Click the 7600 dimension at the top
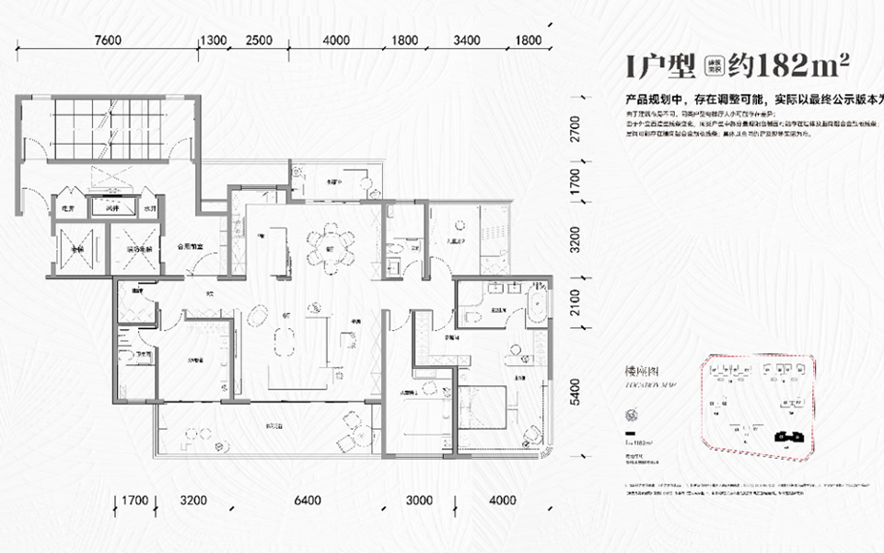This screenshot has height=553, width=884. [x=108, y=40]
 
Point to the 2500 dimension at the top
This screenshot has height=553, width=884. [x=259, y=40]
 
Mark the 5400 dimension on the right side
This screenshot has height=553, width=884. [x=576, y=393]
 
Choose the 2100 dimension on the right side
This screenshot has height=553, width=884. [x=576, y=304]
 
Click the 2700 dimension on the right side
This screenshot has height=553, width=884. [x=576, y=126]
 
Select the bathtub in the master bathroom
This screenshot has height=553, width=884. [x=536, y=308]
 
